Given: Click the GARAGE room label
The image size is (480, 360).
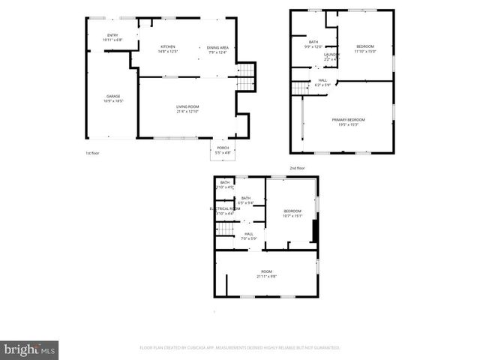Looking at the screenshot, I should tap(114, 96).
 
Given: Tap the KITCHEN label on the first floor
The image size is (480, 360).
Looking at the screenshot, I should tap(168, 47).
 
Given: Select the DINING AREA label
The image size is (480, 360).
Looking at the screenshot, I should tap(217, 47).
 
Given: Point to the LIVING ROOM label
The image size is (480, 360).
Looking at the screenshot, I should tap(187, 107).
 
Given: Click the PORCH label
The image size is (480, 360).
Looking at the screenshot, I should tap(223, 148).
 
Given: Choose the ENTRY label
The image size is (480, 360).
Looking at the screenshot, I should tap(112, 35).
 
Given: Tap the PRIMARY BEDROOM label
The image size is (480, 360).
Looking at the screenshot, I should tap(348, 120).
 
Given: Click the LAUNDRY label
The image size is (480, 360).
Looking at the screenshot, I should tap(331, 54).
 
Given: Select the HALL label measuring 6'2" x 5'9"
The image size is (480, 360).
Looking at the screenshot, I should tap(322, 80).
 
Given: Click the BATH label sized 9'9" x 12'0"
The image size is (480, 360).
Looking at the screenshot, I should tap(313, 42).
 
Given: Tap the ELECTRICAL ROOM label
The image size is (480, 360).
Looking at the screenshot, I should tap(224, 208).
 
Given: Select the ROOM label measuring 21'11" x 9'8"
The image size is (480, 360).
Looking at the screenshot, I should tap(266, 271).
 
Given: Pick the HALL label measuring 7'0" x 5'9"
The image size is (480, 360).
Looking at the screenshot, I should tap(248, 234).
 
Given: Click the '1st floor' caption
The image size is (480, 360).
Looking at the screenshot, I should tap(92, 152).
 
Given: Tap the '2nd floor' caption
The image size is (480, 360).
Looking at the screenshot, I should tap(297, 168).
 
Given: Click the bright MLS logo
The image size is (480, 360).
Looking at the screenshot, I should tap(30, 349).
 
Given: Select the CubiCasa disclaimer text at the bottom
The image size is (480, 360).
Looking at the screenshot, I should tap(240, 348).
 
